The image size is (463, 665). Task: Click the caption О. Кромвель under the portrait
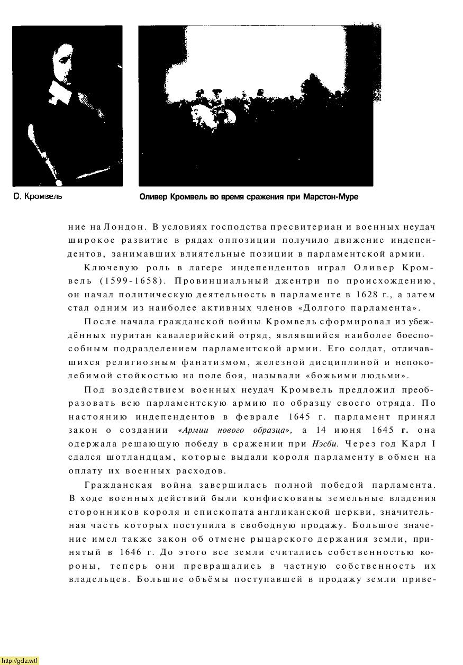click(38, 197)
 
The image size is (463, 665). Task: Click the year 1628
click(340, 294)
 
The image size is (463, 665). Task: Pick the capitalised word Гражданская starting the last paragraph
click(119, 485)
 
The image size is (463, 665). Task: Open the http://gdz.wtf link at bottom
click(20, 660)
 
